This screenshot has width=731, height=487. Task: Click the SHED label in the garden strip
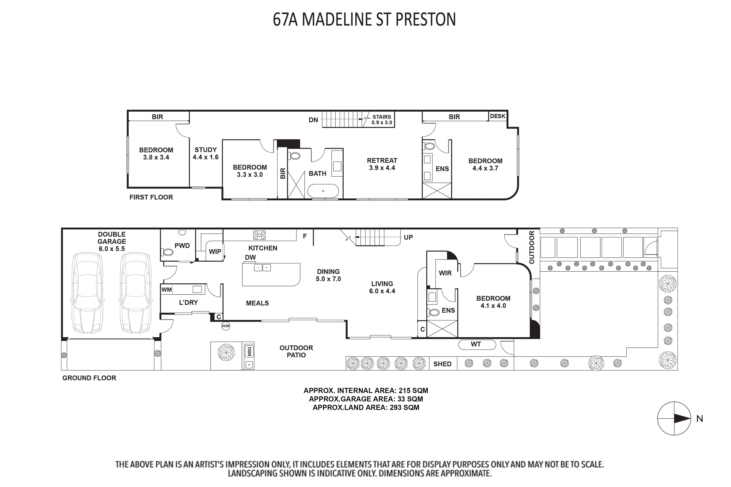(x=442, y=364)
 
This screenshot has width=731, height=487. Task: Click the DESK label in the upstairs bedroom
(x=498, y=116)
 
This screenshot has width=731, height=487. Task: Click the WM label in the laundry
(x=167, y=290)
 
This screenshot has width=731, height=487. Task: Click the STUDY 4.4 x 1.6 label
(x=205, y=153)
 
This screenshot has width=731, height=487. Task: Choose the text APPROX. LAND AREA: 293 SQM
(x=366, y=408)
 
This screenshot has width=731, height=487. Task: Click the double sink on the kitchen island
(x=262, y=267)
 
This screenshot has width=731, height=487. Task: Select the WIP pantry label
(x=215, y=252)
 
